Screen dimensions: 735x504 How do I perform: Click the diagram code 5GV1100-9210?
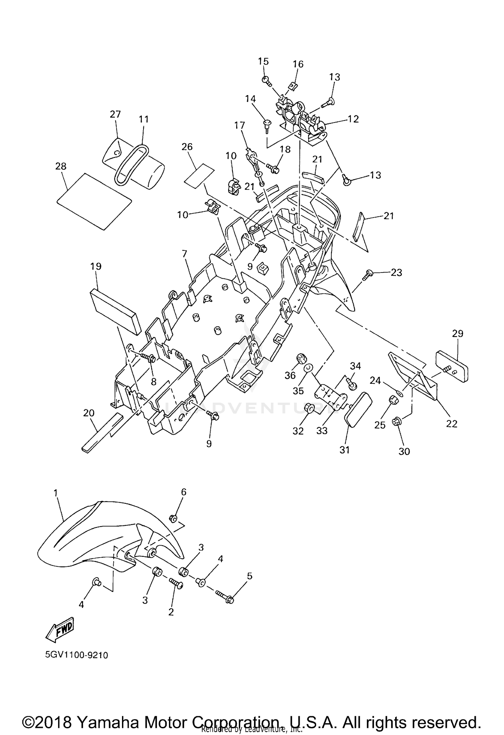(77, 655)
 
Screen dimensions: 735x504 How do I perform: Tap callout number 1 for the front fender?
(56, 493)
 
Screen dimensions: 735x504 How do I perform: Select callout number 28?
(61, 166)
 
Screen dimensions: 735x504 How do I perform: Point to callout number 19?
(96, 266)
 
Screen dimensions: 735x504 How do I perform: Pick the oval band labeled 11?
(131, 165)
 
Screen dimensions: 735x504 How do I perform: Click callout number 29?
(458, 333)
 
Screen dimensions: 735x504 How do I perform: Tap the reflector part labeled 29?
(452, 365)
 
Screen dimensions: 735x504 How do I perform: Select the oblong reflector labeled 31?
(358, 409)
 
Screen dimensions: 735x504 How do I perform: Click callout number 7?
(184, 254)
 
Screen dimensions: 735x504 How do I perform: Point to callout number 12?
(353, 119)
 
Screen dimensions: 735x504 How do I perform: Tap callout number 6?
(183, 492)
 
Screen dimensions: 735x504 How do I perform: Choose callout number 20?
(89, 413)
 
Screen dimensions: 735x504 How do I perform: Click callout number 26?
(187, 147)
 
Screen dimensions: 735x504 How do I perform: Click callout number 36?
(290, 375)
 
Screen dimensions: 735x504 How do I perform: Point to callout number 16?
(298, 64)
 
